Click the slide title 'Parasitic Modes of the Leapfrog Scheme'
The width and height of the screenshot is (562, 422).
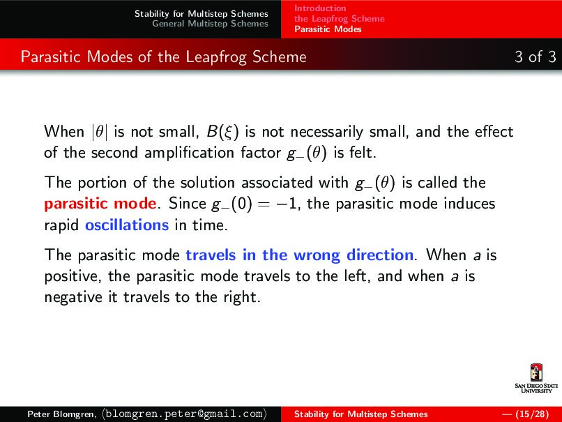tap(164, 56)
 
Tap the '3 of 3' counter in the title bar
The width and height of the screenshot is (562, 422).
tap(535, 56)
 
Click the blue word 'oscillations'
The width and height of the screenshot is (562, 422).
tap(127, 225)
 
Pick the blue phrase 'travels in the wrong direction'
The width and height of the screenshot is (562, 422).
tap(300, 255)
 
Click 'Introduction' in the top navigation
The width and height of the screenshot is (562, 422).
tap(320, 8)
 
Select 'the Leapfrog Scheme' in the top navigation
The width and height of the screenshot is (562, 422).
tap(339, 19)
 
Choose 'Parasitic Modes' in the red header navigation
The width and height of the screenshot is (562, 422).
tap(328, 29)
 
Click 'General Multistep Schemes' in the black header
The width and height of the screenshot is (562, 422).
tap(210, 24)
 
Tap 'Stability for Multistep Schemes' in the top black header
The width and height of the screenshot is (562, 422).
tap(201, 14)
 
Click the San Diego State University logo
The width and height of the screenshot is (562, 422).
tap(536, 379)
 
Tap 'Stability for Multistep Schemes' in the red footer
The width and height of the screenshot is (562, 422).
tap(360, 414)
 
